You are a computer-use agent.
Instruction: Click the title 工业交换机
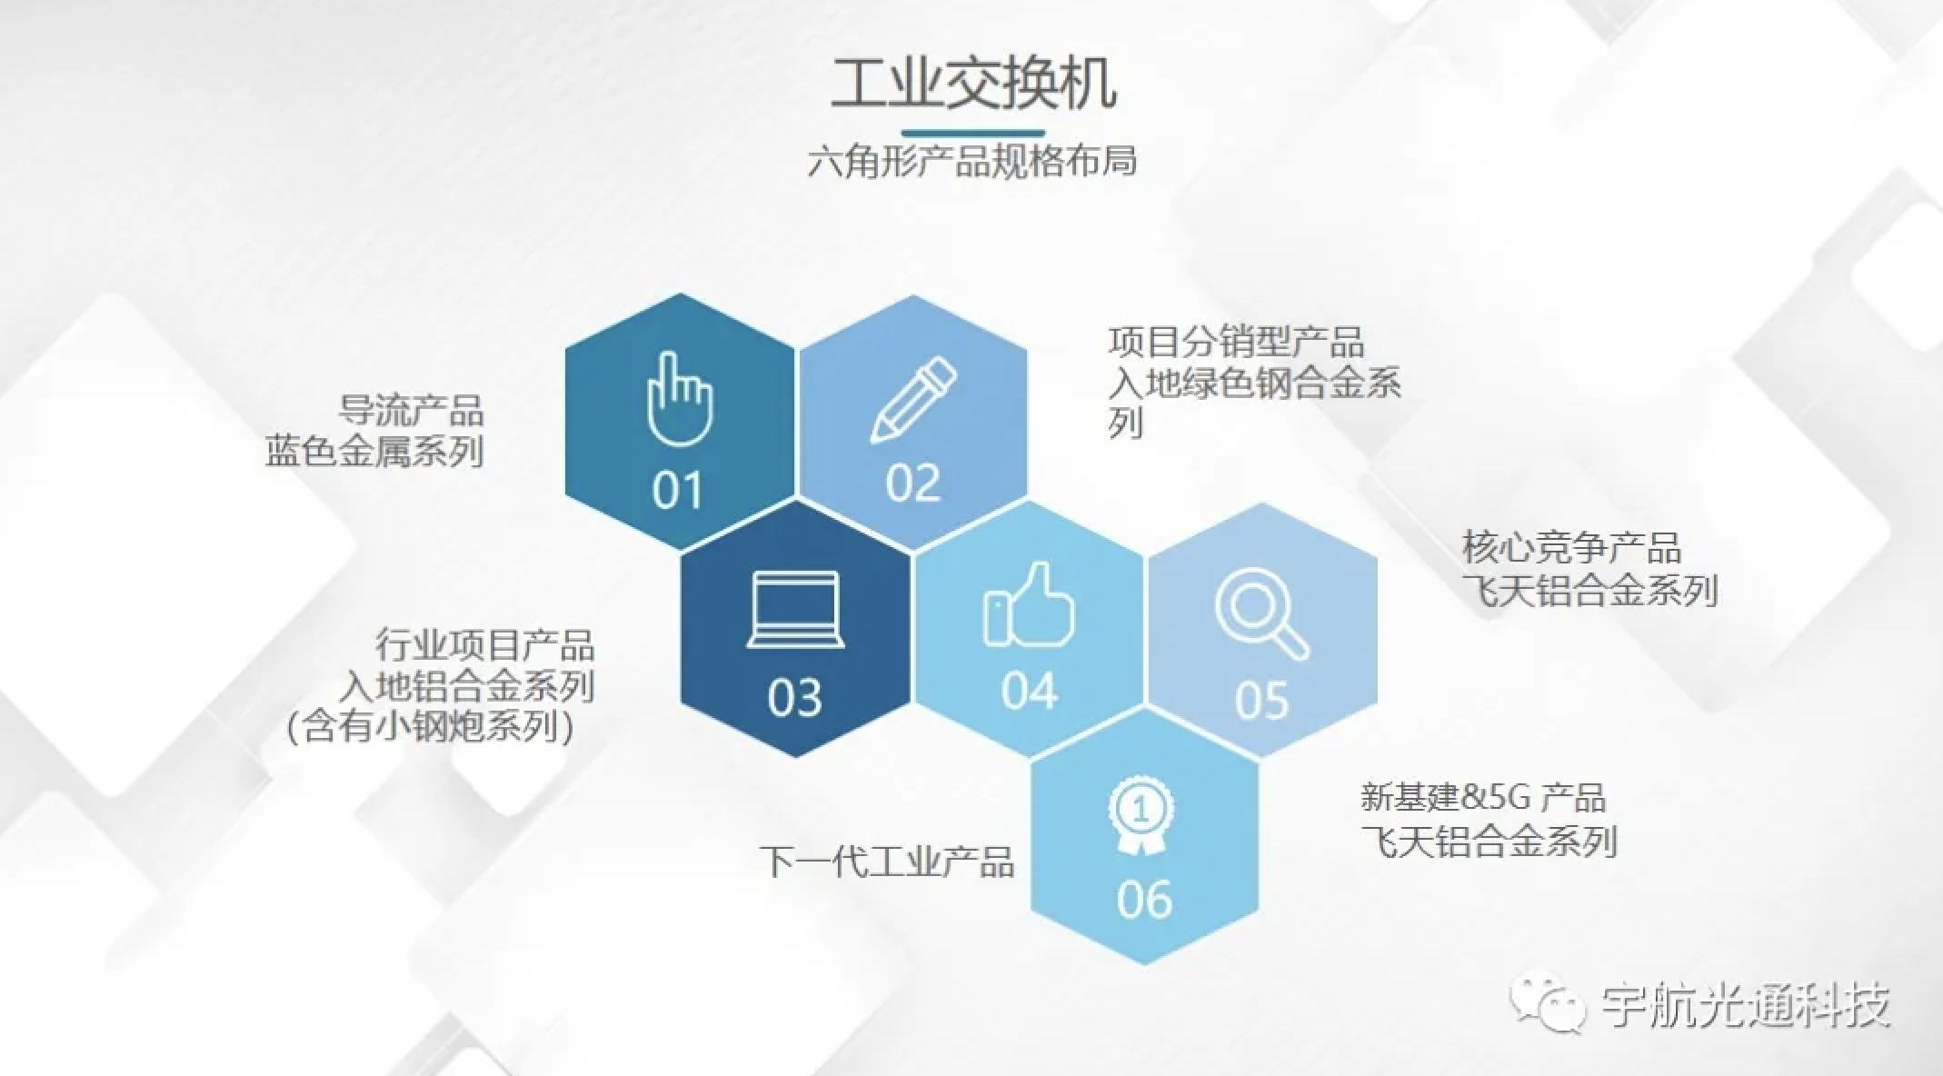click(x=972, y=84)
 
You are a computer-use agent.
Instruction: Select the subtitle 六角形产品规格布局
click(x=971, y=162)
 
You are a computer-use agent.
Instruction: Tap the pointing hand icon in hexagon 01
click(x=680, y=399)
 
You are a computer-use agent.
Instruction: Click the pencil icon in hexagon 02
click(x=913, y=399)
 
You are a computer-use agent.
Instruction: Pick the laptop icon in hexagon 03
click(x=795, y=611)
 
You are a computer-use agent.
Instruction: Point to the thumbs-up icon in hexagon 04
click(x=1029, y=604)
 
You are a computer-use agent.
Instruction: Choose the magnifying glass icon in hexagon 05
click(x=1261, y=612)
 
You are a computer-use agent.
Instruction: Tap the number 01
click(x=677, y=490)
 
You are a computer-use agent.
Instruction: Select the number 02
click(x=913, y=483)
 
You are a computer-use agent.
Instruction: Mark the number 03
click(x=795, y=698)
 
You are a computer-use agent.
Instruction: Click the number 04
click(x=1030, y=691)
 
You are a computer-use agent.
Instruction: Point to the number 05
click(x=1261, y=700)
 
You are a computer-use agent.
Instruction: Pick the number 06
click(x=1144, y=899)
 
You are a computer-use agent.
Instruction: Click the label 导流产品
click(x=411, y=410)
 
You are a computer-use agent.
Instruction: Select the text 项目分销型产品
click(x=1236, y=343)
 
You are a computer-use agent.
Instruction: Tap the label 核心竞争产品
click(x=1571, y=548)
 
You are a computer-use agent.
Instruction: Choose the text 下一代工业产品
click(x=887, y=862)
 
